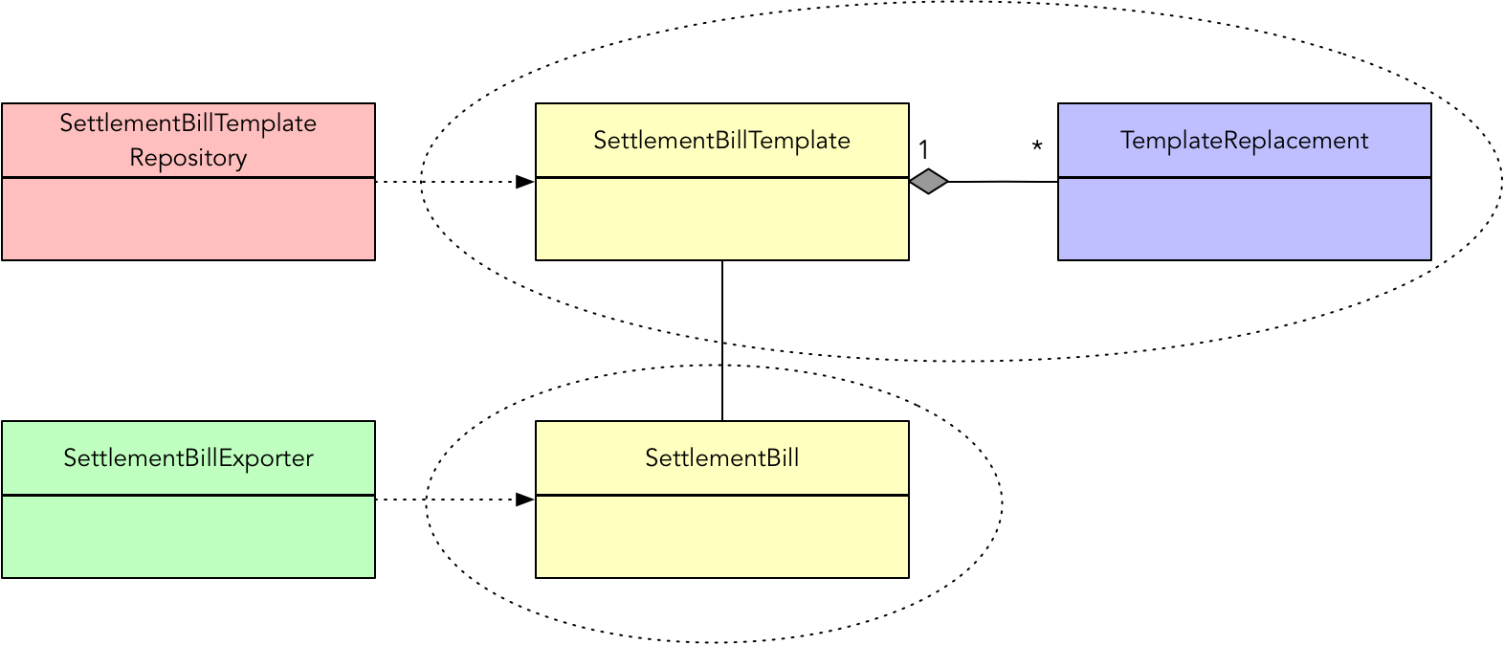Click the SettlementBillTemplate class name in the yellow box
click(x=721, y=141)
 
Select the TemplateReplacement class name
click(x=1244, y=141)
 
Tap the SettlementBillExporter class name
click(x=188, y=458)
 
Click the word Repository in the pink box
click(x=188, y=158)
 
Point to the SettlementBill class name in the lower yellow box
click(x=721, y=458)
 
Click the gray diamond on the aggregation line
click(x=928, y=181)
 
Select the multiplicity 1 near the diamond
click(x=923, y=150)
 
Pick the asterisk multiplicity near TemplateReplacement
click(x=1037, y=148)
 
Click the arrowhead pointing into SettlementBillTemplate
click(x=524, y=182)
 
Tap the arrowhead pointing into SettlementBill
click(x=524, y=500)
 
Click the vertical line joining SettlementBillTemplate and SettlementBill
click(x=722, y=340)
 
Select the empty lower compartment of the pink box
click(x=188, y=219)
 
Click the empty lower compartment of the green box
click(x=188, y=537)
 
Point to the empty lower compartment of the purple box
click(x=1244, y=219)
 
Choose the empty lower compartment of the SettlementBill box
click(x=721, y=537)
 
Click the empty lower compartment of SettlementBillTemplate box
click(x=721, y=219)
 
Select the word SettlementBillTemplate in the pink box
click(x=188, y=123)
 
